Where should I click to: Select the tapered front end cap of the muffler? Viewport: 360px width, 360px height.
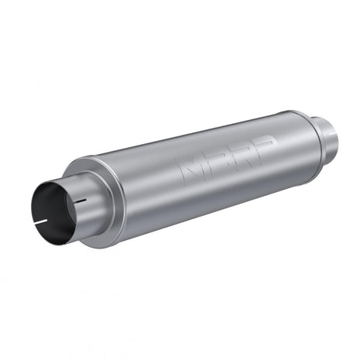94,194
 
